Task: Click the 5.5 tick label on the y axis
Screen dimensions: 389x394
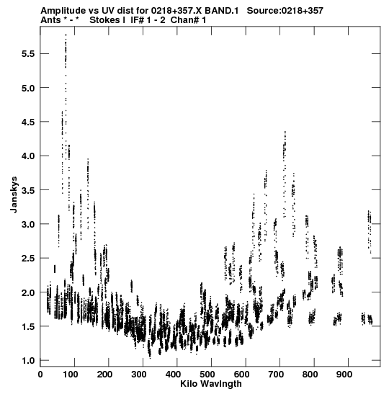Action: pos(28,54)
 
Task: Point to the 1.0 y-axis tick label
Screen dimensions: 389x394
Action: pos(28,361)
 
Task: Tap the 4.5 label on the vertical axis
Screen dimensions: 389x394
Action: pos(28,122)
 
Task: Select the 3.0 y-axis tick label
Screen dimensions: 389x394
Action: pos(28,225)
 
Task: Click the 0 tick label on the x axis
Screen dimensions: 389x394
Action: pos(40,375)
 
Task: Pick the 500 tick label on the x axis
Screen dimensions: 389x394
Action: pos(207,375)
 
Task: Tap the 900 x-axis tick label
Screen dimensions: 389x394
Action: pos(344,375)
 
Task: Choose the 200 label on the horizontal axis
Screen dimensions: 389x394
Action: pos(104,375)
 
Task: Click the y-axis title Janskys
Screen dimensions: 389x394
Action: pos(14,194)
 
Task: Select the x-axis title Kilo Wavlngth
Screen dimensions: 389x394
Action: pos(211,384)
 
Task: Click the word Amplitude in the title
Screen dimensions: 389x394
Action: pos(63,11)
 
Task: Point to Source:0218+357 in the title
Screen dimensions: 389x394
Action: pos(285,11)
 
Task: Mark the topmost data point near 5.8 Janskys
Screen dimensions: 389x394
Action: pos(66,35)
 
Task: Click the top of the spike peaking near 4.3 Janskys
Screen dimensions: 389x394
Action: pos(285,131)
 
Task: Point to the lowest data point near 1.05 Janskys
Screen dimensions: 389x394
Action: pos(151,358)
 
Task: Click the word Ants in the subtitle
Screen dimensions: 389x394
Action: pos(50,20)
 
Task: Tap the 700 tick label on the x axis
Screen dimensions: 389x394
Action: pos(275,375)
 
